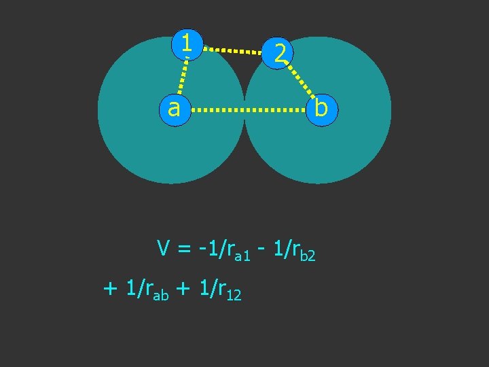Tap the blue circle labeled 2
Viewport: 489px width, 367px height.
coord(279,52)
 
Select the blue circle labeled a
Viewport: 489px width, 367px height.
coord(175,109)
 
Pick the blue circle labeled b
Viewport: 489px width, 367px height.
coord(321,108)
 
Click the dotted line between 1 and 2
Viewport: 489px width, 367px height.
coord(233,50)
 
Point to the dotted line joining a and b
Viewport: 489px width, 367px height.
coord(248,109)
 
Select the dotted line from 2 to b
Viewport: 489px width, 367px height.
coord(299,80)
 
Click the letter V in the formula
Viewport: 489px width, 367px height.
coord(164,249)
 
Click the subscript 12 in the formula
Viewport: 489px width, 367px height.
coord(233,294)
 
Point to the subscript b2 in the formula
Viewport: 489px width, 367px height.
coord(308,256)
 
